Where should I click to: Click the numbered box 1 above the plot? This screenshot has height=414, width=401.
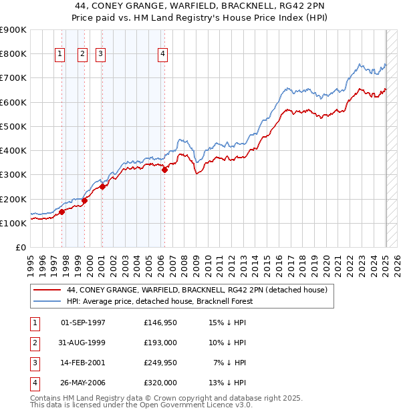pos(60,55)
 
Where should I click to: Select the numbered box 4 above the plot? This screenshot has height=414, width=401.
pos(163,55)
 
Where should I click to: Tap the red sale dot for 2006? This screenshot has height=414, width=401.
pos(164,170)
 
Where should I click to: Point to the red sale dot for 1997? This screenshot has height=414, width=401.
pos(61,212)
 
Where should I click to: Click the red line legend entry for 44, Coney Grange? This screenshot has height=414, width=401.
pos(196,290)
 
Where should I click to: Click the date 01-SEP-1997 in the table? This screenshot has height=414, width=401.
pos(83,323)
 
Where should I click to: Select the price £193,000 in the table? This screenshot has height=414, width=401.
pos(160,343)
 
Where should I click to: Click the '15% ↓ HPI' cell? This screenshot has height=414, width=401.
pos(228,323)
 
